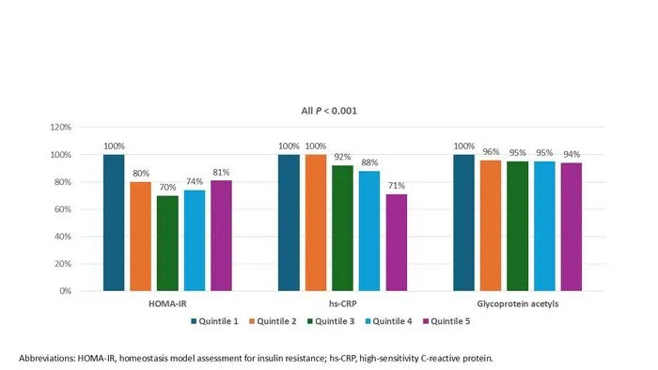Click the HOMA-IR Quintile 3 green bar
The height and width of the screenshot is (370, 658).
(167, 243)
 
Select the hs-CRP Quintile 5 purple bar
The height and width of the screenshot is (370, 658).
(397, 242)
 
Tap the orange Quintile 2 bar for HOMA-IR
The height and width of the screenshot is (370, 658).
(141, 237)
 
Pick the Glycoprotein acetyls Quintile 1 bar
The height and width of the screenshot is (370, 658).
(463, 223)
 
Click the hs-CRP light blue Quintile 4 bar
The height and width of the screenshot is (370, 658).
(369, 231)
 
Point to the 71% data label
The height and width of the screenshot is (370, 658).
(396, 186)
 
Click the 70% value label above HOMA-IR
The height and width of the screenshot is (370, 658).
(167, 187)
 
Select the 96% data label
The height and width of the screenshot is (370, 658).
(491, 152)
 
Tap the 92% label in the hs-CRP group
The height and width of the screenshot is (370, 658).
(342, 157)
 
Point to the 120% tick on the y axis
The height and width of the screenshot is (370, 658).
(61, 127)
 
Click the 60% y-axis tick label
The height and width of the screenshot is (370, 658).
(63, 209)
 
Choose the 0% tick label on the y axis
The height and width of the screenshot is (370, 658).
(65, 291)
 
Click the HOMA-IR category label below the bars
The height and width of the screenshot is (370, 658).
(167, 303)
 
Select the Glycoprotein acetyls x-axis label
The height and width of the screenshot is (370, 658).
(517, 303)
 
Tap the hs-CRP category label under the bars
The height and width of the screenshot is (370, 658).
(342, 303)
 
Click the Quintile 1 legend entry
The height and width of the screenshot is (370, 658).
(214, 321)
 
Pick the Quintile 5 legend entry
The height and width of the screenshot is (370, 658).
(446, 321)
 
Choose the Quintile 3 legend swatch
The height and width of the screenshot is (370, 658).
(310, 321)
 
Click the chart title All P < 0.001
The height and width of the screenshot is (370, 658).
(329, 111)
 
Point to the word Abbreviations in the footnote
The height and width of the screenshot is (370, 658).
(47, 359)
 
